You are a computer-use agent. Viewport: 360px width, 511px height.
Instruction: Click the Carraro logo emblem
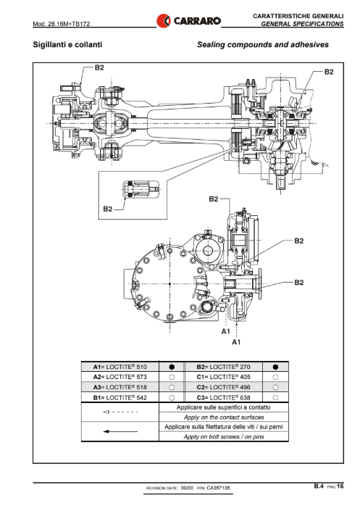click(163, 21)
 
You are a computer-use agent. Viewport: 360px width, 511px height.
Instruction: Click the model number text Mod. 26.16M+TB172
click(62, 24)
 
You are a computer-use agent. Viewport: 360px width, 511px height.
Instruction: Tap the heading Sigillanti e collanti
click(67, 45)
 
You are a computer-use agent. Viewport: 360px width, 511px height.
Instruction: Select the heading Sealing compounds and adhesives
click(263, 45)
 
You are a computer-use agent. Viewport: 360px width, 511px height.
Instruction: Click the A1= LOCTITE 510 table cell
click(120, 367)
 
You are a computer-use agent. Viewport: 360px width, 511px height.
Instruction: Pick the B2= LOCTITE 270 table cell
click(223, 367)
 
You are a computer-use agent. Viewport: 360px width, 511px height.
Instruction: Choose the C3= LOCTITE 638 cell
click(223, 398)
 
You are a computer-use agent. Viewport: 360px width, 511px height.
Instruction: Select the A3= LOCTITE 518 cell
click(120, 387)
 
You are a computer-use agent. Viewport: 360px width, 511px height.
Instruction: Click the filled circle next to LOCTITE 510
click(172, 367)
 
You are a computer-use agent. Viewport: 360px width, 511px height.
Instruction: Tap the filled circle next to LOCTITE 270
click(275, 367)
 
